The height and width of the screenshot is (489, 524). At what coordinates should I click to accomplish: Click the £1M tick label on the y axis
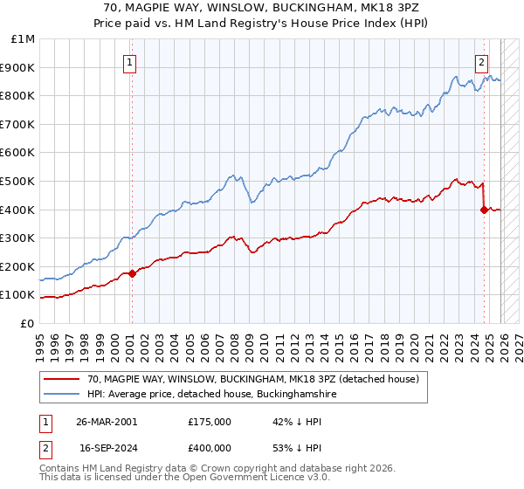[24, 39]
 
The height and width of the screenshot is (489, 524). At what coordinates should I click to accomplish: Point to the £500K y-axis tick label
[19, 181]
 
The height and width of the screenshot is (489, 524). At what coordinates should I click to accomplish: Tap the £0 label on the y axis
[28, 323]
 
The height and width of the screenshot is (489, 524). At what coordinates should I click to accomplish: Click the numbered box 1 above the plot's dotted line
[129, 62]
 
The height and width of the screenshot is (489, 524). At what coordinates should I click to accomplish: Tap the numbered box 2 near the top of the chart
[481, 62]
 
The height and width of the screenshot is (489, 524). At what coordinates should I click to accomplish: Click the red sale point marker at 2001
[132, 273]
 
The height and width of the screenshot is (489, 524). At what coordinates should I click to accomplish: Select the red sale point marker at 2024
[483, 210]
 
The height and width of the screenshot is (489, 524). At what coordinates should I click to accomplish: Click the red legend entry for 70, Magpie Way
[253, 379]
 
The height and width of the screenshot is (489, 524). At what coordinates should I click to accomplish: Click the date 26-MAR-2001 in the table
[107, 421]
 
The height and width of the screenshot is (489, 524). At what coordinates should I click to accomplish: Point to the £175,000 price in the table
[210, 421]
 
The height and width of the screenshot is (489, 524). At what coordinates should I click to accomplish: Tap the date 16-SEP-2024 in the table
[107, 451]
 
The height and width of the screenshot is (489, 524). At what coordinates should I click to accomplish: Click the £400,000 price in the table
[210, 451]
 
